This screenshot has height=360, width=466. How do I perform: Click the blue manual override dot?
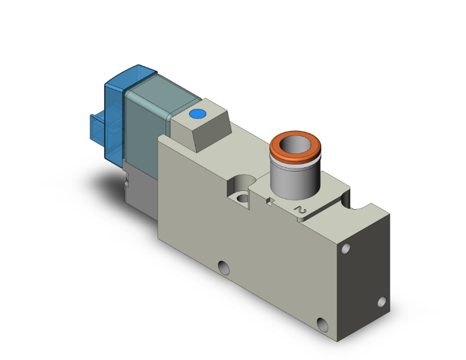tap(197, 115)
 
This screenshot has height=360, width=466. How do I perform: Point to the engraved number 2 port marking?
tap(301, 212)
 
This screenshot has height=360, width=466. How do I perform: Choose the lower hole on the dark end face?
tap(381, 302)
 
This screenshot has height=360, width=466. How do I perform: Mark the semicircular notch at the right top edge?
tap(361, 202)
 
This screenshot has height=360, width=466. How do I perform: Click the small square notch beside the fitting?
tap(270, 202)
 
